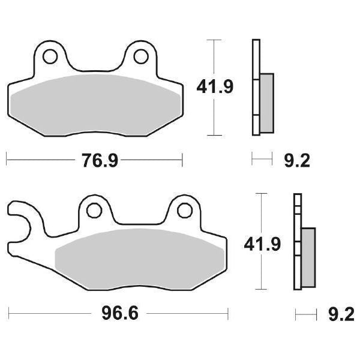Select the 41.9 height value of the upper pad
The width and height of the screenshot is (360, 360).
tap(215, 87)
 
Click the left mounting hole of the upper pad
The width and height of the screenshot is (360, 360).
tap(50, 56)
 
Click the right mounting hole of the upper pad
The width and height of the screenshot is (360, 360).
tap(141, 56)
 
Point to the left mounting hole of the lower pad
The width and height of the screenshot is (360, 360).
tap(94, 211)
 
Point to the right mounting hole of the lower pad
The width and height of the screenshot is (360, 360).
tap(185, 211)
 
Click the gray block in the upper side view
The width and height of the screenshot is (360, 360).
tap(267, 103)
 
